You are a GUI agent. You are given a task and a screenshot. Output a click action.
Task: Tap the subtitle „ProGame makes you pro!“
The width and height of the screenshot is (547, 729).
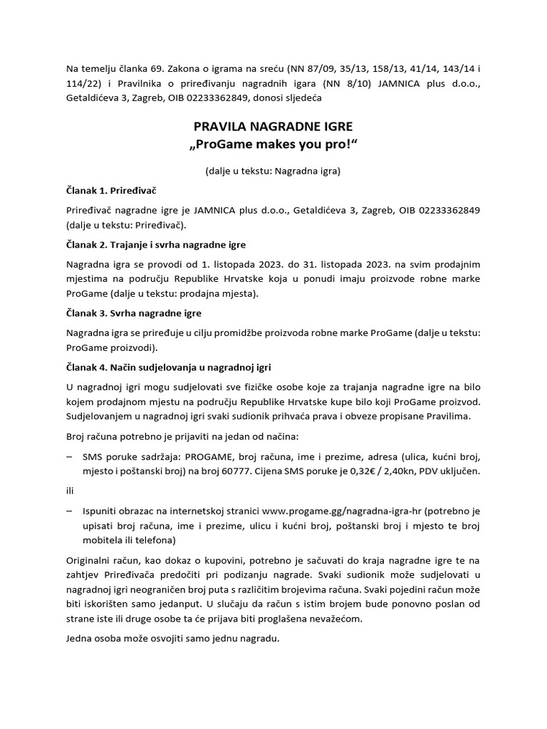tap(273, 145)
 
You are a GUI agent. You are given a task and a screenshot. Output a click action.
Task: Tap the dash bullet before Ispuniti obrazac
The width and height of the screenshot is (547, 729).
tap(70, 511)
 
